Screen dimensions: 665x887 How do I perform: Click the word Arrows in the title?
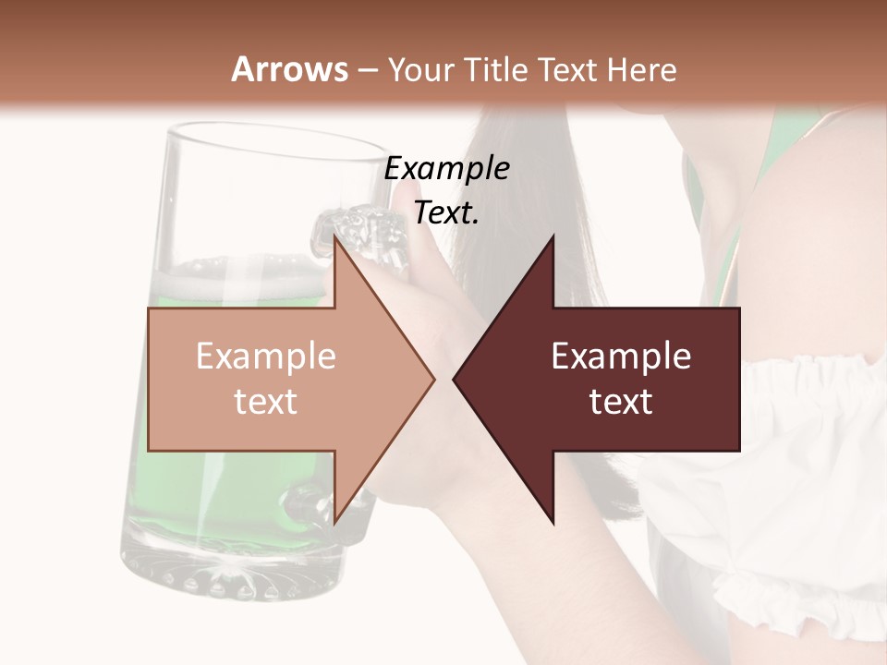[x=290, y=69]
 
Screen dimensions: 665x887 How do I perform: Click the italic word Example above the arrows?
[x=446, y=169]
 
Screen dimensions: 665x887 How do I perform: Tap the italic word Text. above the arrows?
[x=446, y=213]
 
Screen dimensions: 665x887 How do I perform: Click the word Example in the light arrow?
[x=265, y=357]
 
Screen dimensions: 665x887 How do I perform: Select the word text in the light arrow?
[x=265, y=402]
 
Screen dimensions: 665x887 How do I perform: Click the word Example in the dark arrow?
[x=621, y=357]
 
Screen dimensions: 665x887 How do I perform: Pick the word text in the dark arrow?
[x=621, y=402]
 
